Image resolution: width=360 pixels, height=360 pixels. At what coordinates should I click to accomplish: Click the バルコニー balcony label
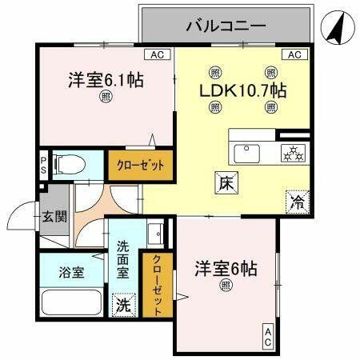click(225, 26)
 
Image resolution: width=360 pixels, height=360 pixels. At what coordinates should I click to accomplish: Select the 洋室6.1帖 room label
click(105, 81)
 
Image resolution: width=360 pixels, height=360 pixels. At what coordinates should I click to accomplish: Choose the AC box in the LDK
click(294, 54)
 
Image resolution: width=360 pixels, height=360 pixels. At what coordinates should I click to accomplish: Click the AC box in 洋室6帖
click(267, 338)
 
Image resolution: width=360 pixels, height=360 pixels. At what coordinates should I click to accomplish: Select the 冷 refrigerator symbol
click(296, 202)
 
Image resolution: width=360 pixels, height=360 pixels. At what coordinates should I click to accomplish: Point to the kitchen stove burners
click(291, 151)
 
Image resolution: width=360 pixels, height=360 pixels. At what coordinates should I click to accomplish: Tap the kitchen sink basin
click(246, 151)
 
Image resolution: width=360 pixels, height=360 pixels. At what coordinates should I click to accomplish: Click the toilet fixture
click(71, 164)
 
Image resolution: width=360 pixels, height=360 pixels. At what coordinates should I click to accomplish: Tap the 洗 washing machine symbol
click(123, 305)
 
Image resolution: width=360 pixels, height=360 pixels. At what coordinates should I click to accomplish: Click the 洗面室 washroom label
click(123, 259)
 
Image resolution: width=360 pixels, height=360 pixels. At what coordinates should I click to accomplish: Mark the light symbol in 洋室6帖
click(225, 284)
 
